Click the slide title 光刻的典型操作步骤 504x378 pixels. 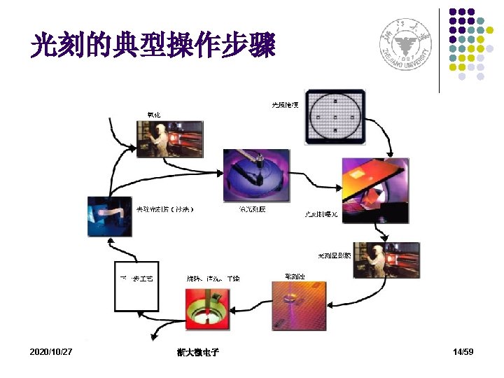153,46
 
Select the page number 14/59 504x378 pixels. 463,351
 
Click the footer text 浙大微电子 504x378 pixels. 198,352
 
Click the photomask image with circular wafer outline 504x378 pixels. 336,115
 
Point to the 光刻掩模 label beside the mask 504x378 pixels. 286,105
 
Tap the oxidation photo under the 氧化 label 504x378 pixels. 170,139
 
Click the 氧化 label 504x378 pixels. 152,114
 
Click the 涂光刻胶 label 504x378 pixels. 252,209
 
